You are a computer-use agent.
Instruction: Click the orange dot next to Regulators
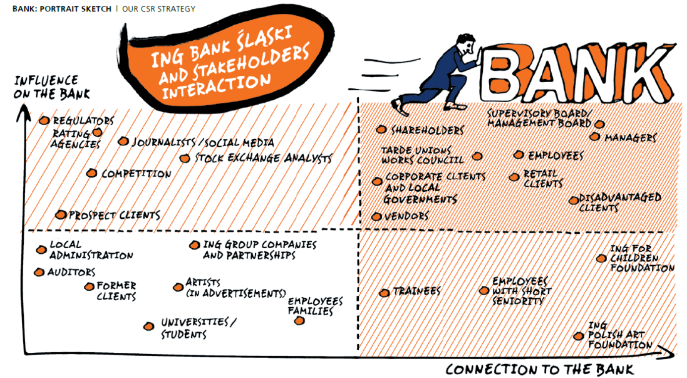tap(44, 120)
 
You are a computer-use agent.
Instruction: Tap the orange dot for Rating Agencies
tap(97, 132)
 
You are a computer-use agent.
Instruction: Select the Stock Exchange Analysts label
tap(263, 159)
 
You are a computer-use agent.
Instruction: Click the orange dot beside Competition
tap(91, 173)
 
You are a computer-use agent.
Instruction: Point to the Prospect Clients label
tap(114, 215)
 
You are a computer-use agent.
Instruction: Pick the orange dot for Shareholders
tap(381, 129)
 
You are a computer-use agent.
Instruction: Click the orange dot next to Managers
tap(595, 136)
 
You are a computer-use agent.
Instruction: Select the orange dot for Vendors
tap(377, 216)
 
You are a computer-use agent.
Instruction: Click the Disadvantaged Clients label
tap(620, 202)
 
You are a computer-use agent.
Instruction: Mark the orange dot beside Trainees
tap(384, 293)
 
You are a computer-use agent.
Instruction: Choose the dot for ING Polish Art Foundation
tap(578, 336)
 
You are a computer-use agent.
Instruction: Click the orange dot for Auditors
tap(39, 272)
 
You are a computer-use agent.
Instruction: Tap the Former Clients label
tap(116, 291)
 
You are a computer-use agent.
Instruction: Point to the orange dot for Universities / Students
tap(148, 326)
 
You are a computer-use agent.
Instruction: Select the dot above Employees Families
tap(299, 321)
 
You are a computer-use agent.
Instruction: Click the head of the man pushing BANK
tap(466, 42)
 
